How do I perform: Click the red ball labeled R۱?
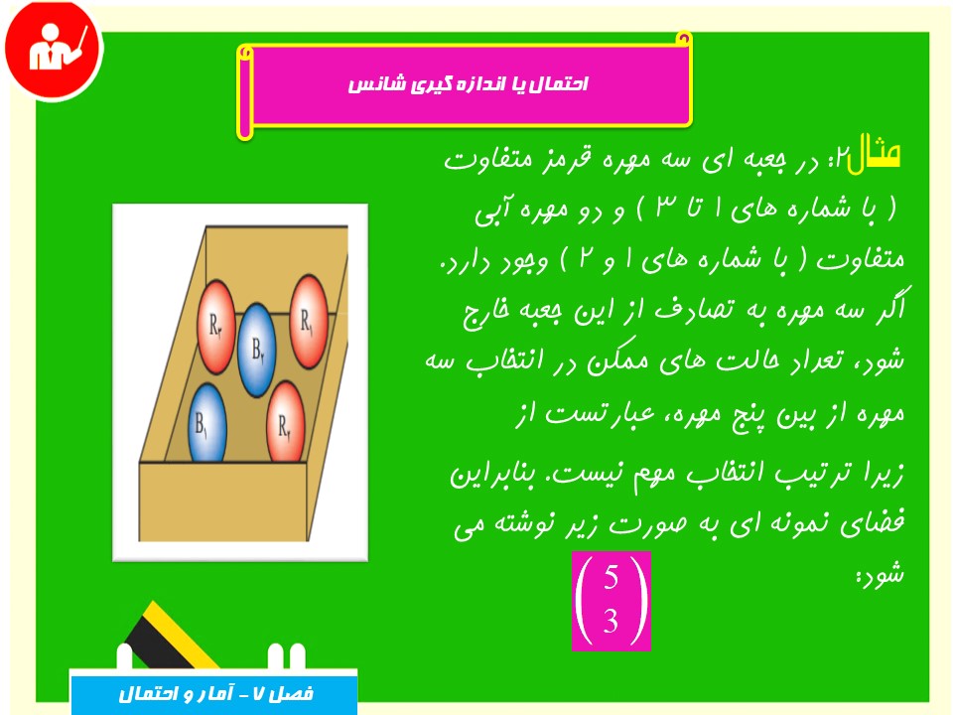(x=309, y=321)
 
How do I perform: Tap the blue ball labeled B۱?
(x=207, y=423)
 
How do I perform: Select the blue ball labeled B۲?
(x=256, y=350)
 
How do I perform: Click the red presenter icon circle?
(x=54, y=50)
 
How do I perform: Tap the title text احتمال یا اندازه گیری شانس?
(x=468, y=83)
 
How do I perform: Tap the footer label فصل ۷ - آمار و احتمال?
(x=215, y=694)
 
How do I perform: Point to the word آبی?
(x=491, y=212)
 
